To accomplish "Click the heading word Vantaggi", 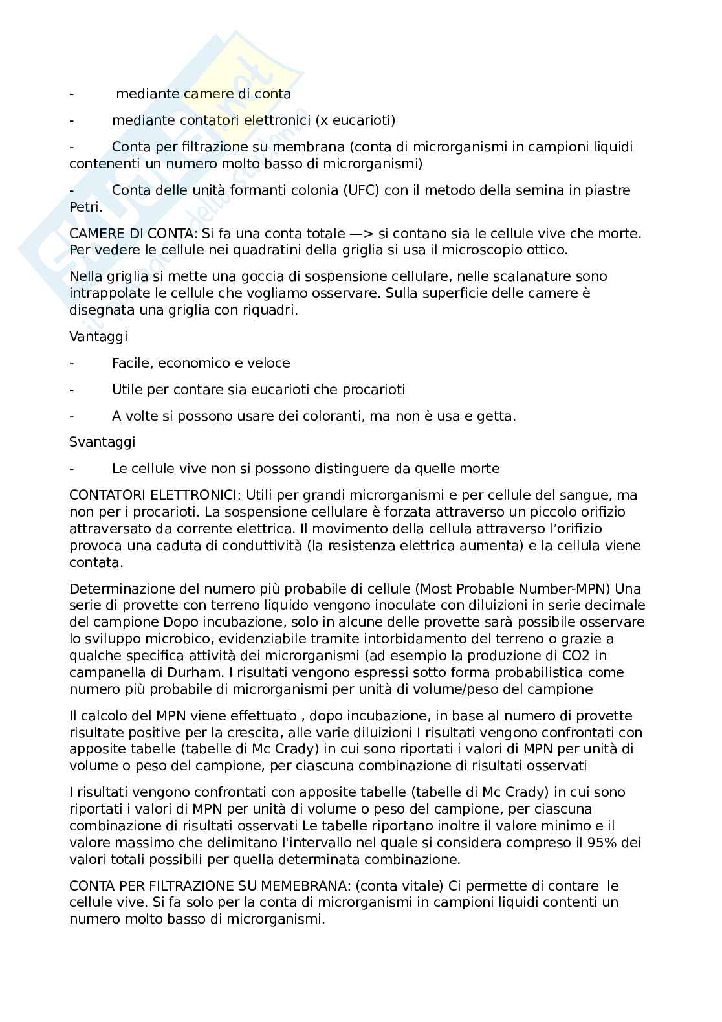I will click(98, 337).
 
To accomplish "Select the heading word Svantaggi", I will click(102, 442).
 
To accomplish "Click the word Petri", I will click(85, 207).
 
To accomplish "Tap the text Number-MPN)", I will click(564, 589).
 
